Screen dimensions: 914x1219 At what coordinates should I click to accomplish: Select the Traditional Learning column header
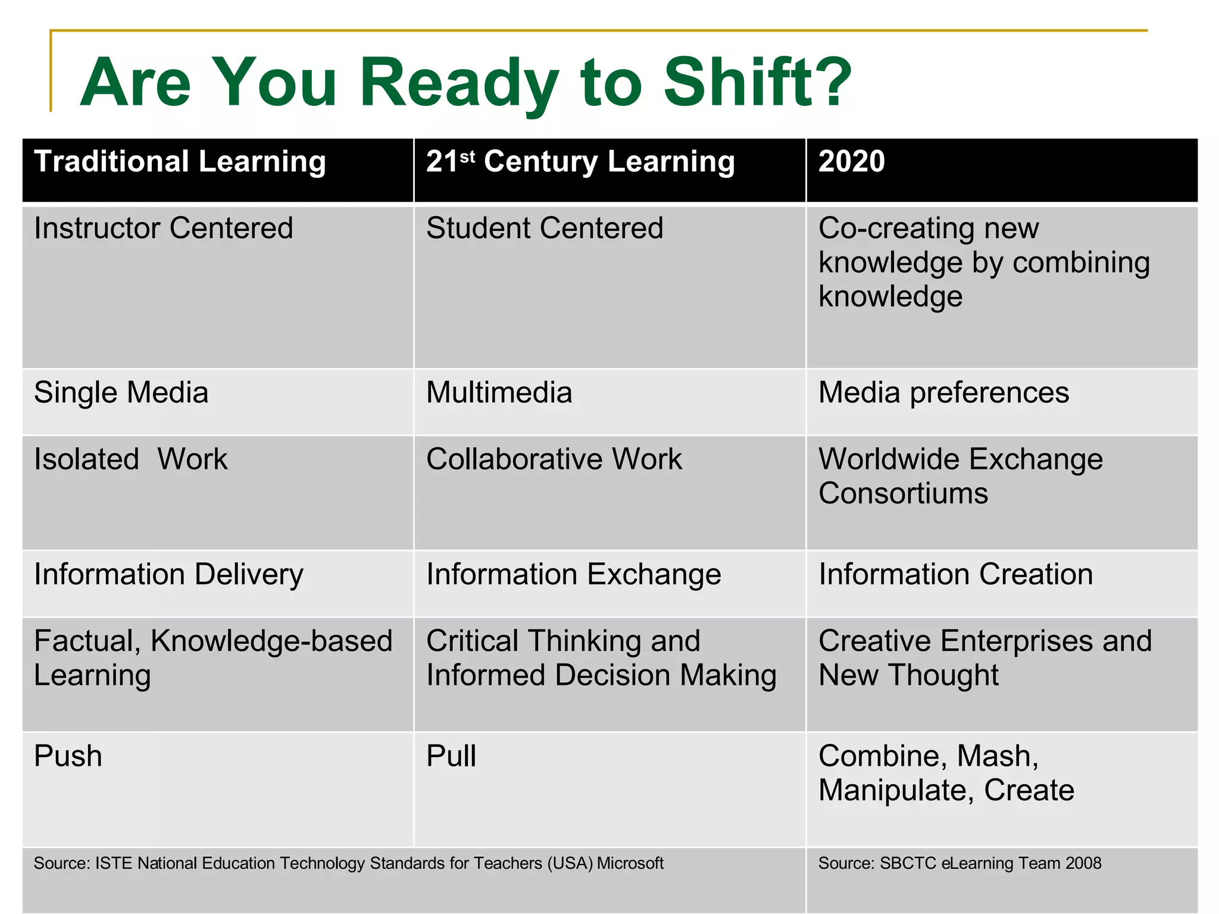pyautogui.click(x=180, y=162)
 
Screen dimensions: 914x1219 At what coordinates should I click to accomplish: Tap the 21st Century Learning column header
pyautogui.click(x=580, y=162)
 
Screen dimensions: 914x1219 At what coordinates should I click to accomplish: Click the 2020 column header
pyautogui.click(x=851, y=162)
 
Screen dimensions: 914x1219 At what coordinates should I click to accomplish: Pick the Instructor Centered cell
pyautogui.click(x=163, y=228)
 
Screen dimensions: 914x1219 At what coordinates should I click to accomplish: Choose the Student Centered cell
pyautogui.click(x=544, y=228)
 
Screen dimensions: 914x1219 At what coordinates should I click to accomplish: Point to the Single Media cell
pyautogui.click(x=121, y=393)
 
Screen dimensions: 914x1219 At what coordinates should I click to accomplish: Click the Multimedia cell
pyautogui.click(x=499, y=393)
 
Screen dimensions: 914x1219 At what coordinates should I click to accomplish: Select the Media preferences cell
pyautogui.click(x=943, y=393)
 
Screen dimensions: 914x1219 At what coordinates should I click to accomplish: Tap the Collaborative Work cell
pyautogui.click(x=554, y=460)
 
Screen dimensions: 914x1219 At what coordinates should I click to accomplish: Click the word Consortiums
pyautogui.click(x=903, y=494)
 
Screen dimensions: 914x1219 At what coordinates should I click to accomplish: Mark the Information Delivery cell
pyautogui.click(x=168, y=575)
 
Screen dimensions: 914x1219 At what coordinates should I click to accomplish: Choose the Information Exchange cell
pyautogui.click(x=573, y=575)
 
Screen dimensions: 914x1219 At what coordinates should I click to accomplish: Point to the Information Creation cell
pyautogui.click(x=955, y=575)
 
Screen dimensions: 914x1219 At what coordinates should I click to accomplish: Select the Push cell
pyautogui.click(x=68, y=757)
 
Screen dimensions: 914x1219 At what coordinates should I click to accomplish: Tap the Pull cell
pyautogui.click(x=451, y=757)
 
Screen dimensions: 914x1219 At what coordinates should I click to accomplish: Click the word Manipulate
pyautogui.click(x=895, y=791)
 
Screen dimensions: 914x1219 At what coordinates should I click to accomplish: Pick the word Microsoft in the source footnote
pyautogui.click(x=630, y=863)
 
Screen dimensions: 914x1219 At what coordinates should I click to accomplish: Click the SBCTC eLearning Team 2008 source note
pyautogui.click(x=959, y=863)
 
